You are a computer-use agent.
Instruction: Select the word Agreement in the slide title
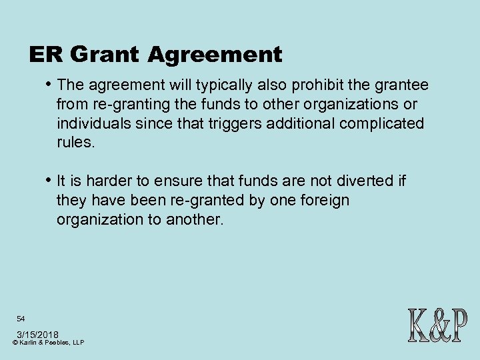(215, 54)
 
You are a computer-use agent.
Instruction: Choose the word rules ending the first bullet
(76, 143)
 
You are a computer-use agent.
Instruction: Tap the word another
(203, 219)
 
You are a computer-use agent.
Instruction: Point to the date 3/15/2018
(37, 333)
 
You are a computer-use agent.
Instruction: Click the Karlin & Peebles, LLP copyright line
(48, 342)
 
